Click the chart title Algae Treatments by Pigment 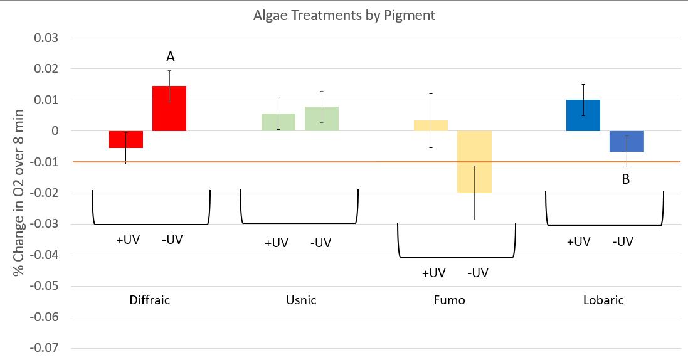(344, 15)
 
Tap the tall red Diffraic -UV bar (169, 109)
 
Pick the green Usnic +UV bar (278, 122)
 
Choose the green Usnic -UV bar (322, 119)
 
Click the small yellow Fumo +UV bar (431, 125)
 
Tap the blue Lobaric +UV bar (583, 115)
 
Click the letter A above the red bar (170, 57)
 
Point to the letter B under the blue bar (625, 179)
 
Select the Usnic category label (300, 300)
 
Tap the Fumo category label (450, 300)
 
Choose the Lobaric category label (603, 300)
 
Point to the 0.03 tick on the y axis (45, 38)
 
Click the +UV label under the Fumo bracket (433, 273)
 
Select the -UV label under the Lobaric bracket (622, 242)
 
